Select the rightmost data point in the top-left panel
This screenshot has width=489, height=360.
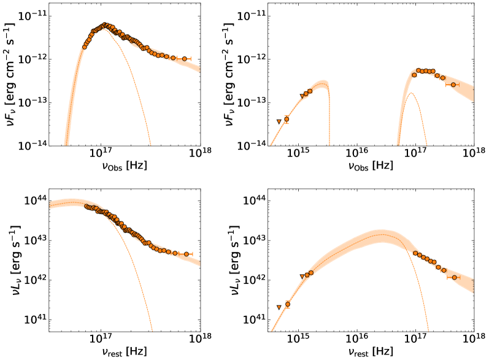tap(185, 59)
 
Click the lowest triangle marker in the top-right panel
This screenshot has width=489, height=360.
tap(279, 122)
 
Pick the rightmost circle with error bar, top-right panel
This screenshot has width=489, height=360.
tap(454, 85)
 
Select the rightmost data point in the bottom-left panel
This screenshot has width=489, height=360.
tap(187, 254)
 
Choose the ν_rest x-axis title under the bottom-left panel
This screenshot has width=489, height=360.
tap(125, 352)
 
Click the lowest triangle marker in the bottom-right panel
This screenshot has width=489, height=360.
tap(279, 307)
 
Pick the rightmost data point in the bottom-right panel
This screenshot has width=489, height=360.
tap(454, 277)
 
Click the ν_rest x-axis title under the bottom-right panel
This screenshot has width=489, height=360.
tap(370, 352)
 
